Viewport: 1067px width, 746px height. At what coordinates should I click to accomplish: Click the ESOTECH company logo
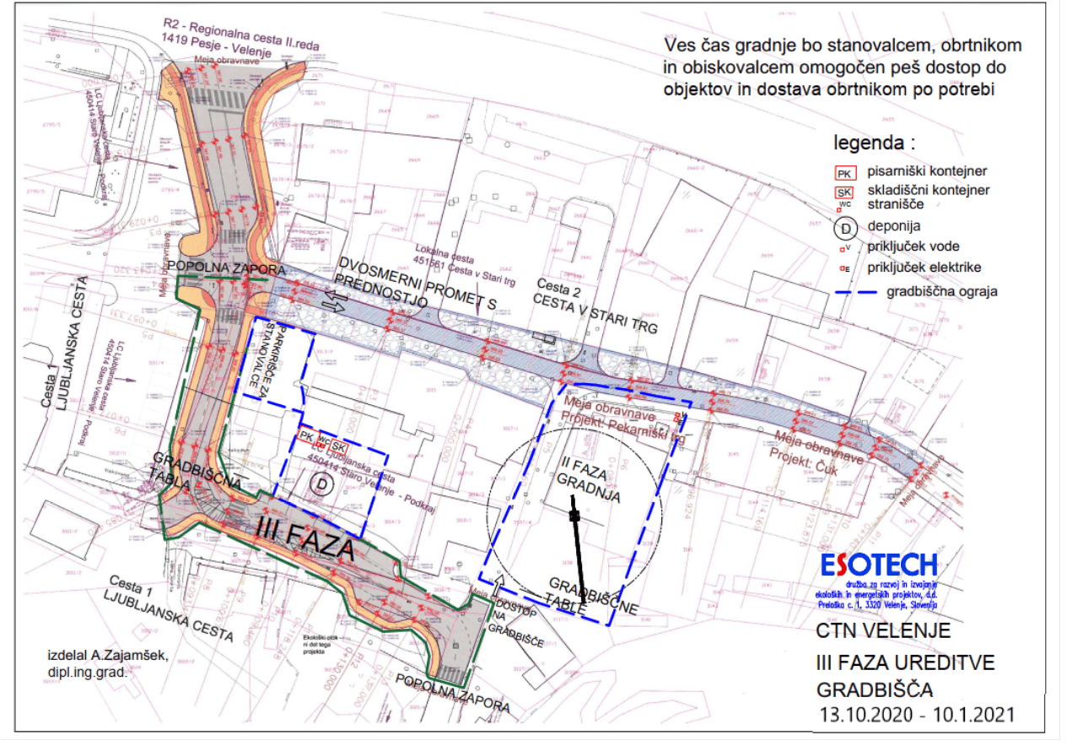pos(879,565)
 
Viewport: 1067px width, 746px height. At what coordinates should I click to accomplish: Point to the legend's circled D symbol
pos(846,226)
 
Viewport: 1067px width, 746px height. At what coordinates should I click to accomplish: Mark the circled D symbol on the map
pos(321,484)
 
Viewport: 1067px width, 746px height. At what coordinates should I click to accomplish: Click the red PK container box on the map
pos(306,435)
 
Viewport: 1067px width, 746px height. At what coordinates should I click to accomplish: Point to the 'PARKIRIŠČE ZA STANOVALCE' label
pos(273,354)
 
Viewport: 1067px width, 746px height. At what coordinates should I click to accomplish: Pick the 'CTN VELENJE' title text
pos(883,630)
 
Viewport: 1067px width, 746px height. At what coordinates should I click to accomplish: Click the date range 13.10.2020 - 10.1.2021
pos(917,715)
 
